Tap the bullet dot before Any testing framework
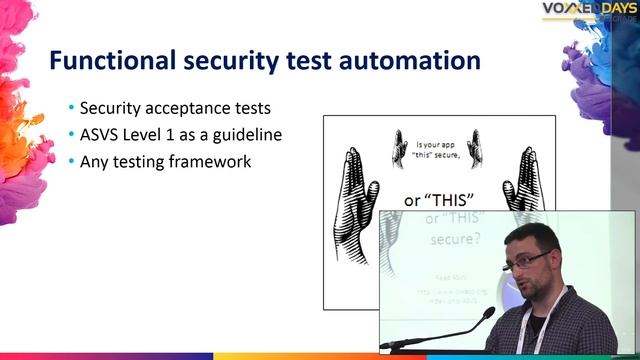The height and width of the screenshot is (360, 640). (71, 161)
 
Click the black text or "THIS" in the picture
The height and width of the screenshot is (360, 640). (441, 199)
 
